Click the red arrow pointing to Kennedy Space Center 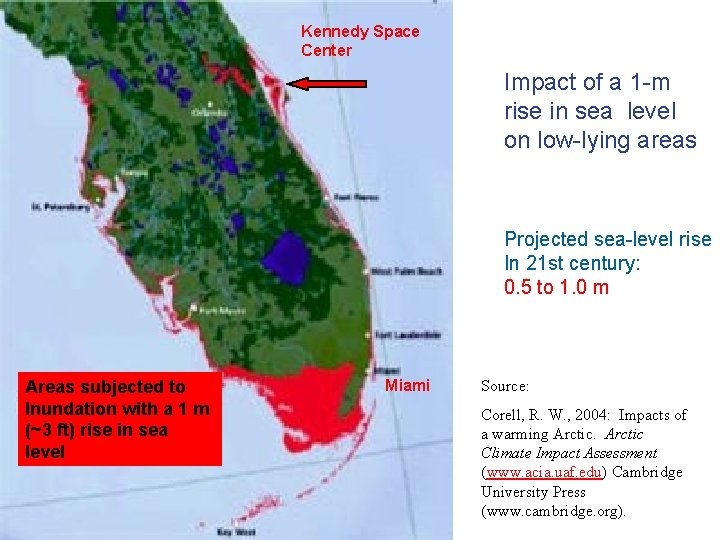(x=327, y=84)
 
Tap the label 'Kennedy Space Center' (x=360, y=40)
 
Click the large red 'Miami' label (x=407, y=386)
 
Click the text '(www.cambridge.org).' (x=553, y=511)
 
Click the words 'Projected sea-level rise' (x=607, y=239)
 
